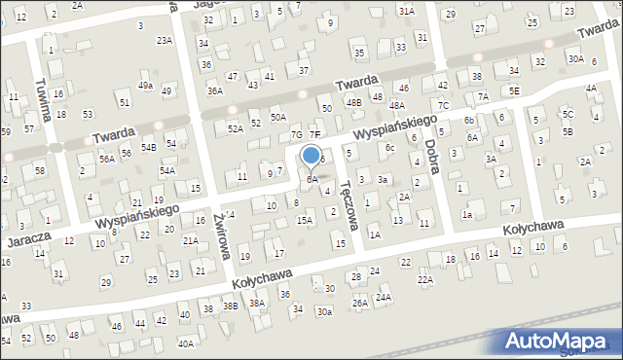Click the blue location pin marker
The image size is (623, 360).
click(311, 156)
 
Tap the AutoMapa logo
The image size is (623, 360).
click(562, 341)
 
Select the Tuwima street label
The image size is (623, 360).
click(42, 99)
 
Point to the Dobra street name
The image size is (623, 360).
click(432, 156)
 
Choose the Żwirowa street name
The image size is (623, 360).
click(221, 236)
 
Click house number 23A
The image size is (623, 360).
click(165, 40)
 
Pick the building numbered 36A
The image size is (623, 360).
click(215, 91)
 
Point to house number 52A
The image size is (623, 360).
click(235, 127)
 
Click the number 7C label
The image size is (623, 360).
click(444, 105)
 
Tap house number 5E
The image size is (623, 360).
click(514, 90)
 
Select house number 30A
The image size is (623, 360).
click(576, 59)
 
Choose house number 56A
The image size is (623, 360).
click(107, 158)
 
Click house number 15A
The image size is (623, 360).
click(305, 221)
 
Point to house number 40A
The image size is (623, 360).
click(185, 343)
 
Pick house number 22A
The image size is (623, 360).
click(425, 279)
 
